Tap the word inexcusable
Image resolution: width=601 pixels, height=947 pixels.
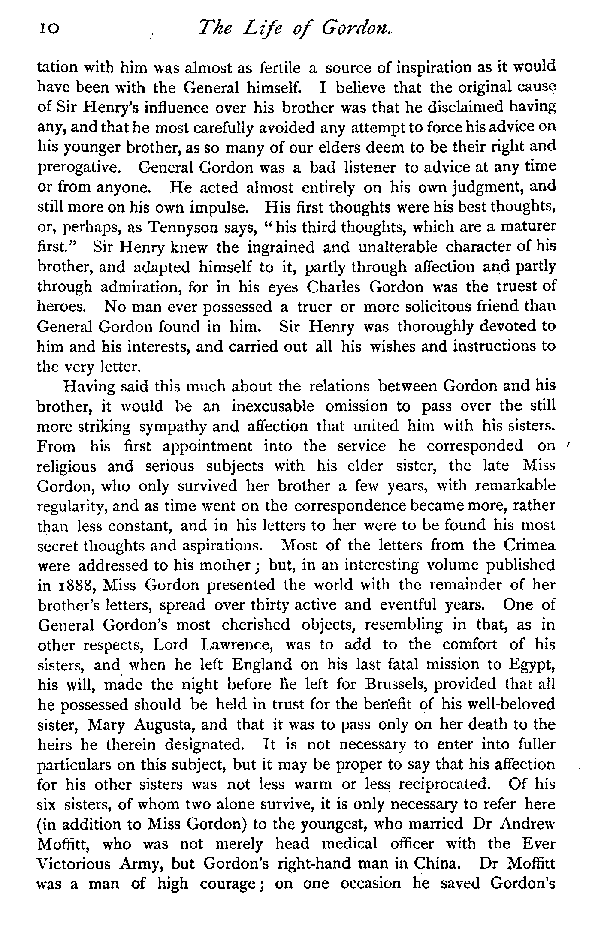coord(273,406)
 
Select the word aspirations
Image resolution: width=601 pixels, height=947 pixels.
coord(220,546)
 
